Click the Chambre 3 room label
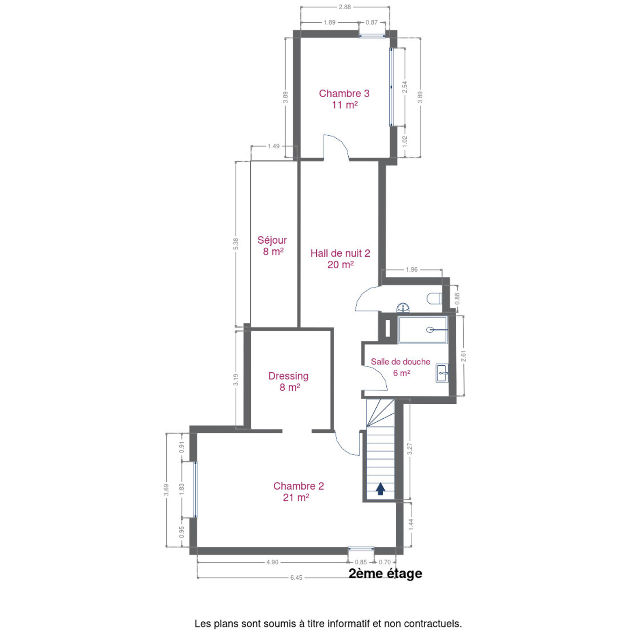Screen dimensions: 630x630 click(x=344, y=99)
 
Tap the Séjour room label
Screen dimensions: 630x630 click(x=272, y=245)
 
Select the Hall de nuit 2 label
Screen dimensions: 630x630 click(x=340, y=259)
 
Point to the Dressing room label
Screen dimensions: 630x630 click(x=288, y=381)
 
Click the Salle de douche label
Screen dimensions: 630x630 click(x=400, y=367)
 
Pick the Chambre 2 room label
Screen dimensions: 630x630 click(x=298, y=491)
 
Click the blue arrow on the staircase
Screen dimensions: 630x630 click(x=380, y=489)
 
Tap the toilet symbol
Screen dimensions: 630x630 click(x=434, y=298)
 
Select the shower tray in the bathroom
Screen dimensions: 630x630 click(x=422, y=329)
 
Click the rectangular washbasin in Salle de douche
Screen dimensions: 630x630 click(x=442, y=373)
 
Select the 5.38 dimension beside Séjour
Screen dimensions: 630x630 click(x=236, y=244)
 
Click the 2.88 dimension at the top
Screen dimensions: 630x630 click(x=345, y=7)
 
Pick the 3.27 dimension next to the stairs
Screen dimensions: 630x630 click(x=410, y=448)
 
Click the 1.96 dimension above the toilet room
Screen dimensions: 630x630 click(x=412, y=269)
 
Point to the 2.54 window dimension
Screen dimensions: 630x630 click(x=405, y=87)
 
